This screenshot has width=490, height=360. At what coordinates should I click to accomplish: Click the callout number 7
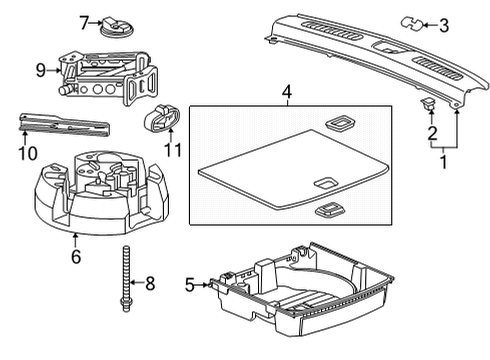[85, 20]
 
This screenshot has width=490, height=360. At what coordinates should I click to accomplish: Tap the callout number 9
[41, 70]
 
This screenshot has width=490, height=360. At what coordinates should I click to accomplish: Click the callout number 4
[287, 96]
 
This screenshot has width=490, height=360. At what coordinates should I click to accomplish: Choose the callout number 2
[432, 132]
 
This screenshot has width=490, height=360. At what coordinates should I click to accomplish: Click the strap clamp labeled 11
[161, 121]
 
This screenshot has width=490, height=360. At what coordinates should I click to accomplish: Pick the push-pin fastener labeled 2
[429, 102]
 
